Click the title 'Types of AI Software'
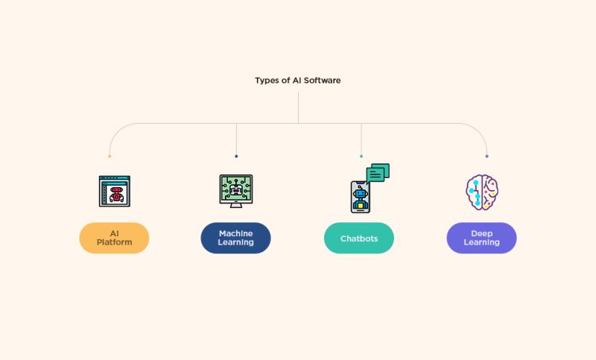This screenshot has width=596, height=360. (x=297, y=80)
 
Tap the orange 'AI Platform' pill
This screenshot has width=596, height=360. (x=114, y=238)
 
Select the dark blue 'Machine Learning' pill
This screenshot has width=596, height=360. (x=235, y=238)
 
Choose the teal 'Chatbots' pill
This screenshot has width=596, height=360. (x=359, y=238)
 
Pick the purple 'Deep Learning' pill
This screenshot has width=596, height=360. (x=481, y=238)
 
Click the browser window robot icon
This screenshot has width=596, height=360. (x=115, y=192)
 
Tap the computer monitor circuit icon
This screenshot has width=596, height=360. (x=236, y=192)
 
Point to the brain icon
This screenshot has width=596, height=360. (x=482, y=192)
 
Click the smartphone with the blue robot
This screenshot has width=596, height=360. (x=361, y=197)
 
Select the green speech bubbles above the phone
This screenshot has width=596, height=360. (x=378, y=173)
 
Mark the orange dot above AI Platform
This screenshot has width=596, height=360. (x=110, y=157)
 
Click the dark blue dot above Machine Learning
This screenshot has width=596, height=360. (x=236, y=157)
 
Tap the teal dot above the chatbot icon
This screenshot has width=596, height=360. (x=361, y=157)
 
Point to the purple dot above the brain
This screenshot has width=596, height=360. (x=487, y=157)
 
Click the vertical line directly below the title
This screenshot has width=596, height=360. (x=299, y=107)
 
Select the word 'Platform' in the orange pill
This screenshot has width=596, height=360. (x=115, y=242)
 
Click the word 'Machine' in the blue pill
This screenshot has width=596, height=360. (x=235, y=233)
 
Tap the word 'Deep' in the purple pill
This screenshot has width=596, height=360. (x=481, y=233)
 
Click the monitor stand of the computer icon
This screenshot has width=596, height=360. (x=236, y=205)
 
